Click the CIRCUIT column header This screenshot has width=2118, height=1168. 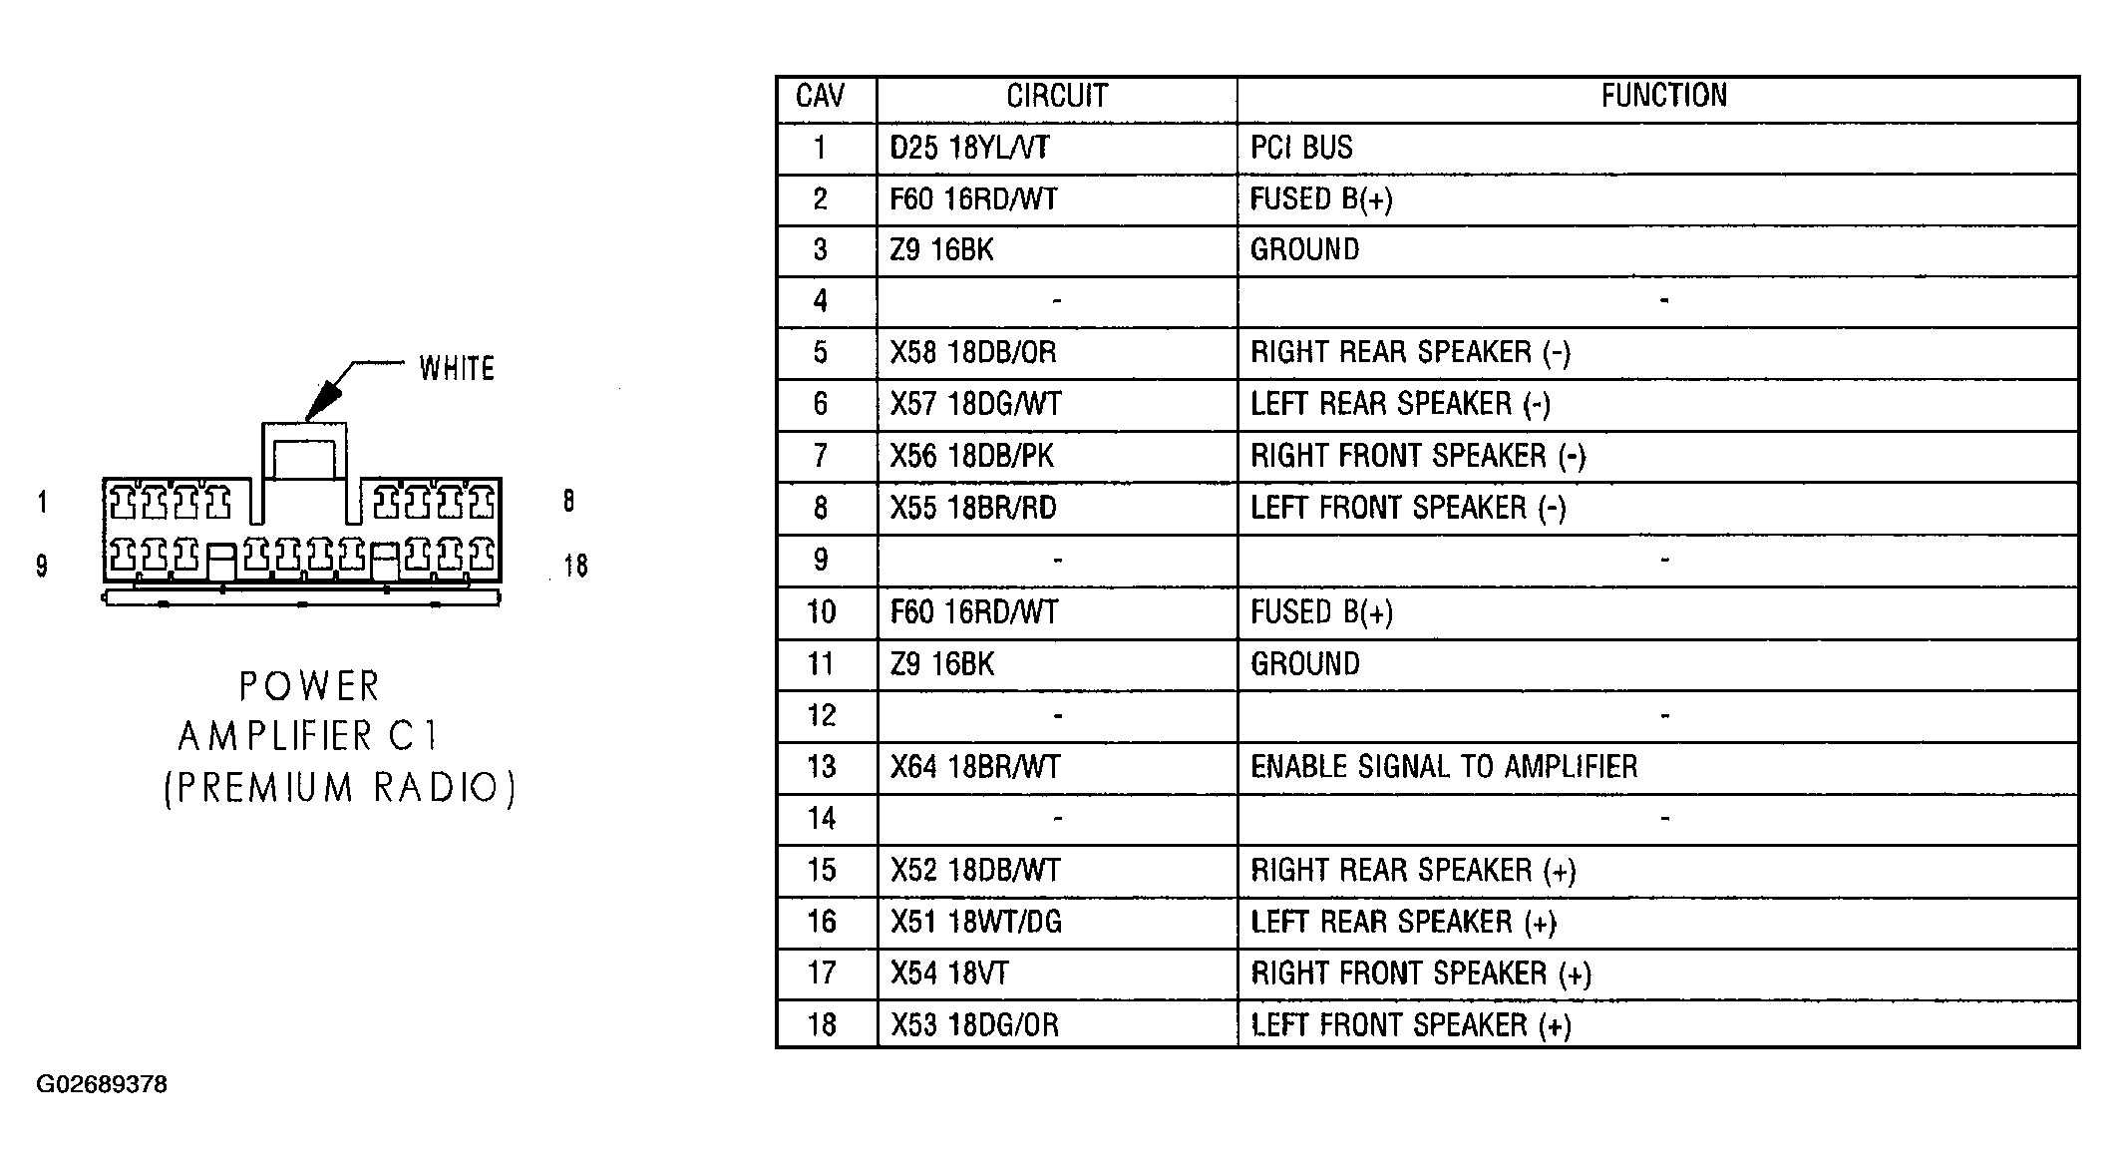[x=1057, y=96]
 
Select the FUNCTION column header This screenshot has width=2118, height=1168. [x=1664, y=96]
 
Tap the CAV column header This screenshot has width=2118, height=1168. [x=821, y=96]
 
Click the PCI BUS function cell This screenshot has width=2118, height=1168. [x=1301, y=148]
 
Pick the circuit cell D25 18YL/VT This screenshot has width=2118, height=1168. [x=969, y=148]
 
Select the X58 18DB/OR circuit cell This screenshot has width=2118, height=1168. [x=973, y=352]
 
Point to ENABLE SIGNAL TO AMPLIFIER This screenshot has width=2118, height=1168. [x=1444, y=766]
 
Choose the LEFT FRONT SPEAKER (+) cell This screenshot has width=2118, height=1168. [x=1411, y=1024]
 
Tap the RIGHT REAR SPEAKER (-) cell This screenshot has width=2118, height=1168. [x=1411, y=352]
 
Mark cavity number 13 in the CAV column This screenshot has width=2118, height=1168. [x=822, y=766]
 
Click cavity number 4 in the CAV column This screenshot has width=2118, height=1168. [x=821, y=300]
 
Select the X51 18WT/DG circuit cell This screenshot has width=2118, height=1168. [x=976, y=921]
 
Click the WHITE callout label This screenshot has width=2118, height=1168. [x=457, y=369]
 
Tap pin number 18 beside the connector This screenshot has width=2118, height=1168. [x=575, y=566]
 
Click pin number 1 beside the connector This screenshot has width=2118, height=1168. [x=42, y=501]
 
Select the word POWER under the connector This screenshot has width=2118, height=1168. [x=309, y=686]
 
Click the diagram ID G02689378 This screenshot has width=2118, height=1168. [x=102, y=1084]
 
